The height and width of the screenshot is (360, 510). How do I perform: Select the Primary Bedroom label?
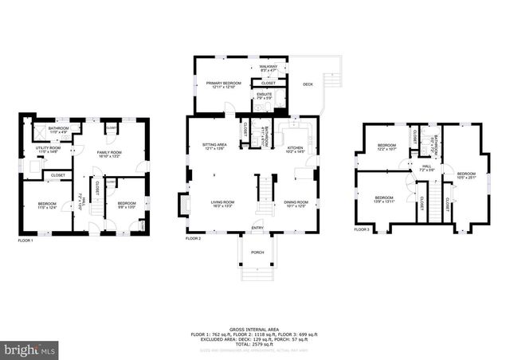click(223, 84)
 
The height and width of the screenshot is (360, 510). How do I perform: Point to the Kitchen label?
click(294, 149)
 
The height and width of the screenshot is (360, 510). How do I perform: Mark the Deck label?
click(308, 84)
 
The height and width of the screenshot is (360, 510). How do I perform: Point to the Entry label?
click(257, 228)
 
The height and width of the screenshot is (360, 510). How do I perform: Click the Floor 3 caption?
click(362, 230)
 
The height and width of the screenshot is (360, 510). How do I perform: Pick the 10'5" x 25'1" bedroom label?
click(465, 175)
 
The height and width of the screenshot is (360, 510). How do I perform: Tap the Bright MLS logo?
click(30, 349)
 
